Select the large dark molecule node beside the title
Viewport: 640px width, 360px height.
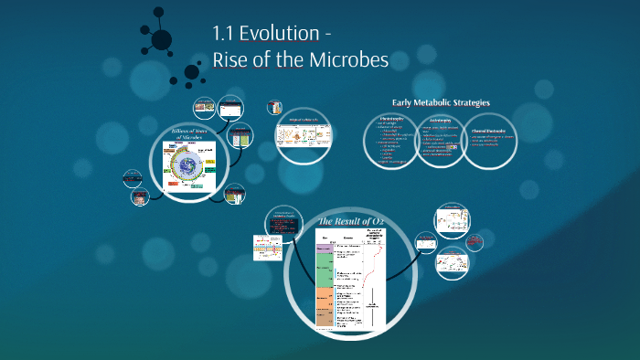pyautogui.click(x=161, y=38)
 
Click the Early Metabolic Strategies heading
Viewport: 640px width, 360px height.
pyautogui.click(x=441, y=103)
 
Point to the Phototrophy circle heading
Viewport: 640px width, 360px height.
pyautogui.click(x=391, y=119)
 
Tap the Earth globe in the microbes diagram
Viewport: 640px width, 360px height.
pyautogui.click(x=188, y=166)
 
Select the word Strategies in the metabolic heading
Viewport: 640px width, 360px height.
pyautogui.click(x=469, y=103)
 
